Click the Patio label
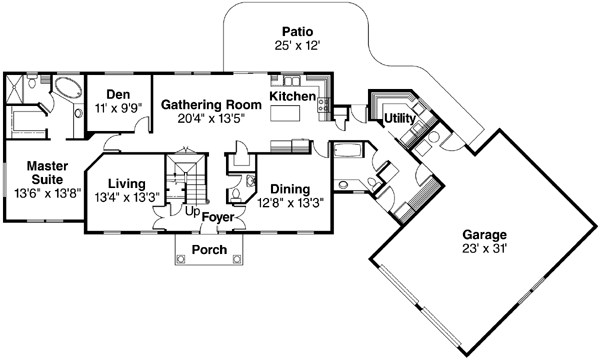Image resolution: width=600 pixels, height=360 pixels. click(297, 31)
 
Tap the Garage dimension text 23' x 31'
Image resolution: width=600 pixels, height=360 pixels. click(484, 249)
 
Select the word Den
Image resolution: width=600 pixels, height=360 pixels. click(118, 94)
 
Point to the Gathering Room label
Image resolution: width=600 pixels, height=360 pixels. click(211, 104)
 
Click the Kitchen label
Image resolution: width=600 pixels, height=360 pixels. click(293, 96)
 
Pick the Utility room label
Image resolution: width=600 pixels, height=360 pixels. click(399, 119)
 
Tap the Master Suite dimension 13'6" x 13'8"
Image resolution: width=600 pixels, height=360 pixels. click(48, 194)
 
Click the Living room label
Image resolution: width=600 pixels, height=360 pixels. click(127, 184)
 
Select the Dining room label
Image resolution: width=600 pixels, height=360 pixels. click(290, 189)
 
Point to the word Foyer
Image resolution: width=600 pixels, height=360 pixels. click(218, 217)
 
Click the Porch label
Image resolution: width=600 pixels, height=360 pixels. click(209, 250)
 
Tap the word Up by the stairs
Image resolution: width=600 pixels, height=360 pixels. click(192, 211)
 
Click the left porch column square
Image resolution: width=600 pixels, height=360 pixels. click(181, 260)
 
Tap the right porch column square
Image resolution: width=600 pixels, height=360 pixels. click(237, 260)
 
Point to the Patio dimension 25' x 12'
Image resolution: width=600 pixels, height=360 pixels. click(297, 46)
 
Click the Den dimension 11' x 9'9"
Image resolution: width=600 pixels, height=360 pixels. click(119, 109)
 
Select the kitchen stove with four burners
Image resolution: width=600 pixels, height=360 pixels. click(323, 105)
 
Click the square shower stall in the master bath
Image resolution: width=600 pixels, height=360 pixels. click(15, 89)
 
